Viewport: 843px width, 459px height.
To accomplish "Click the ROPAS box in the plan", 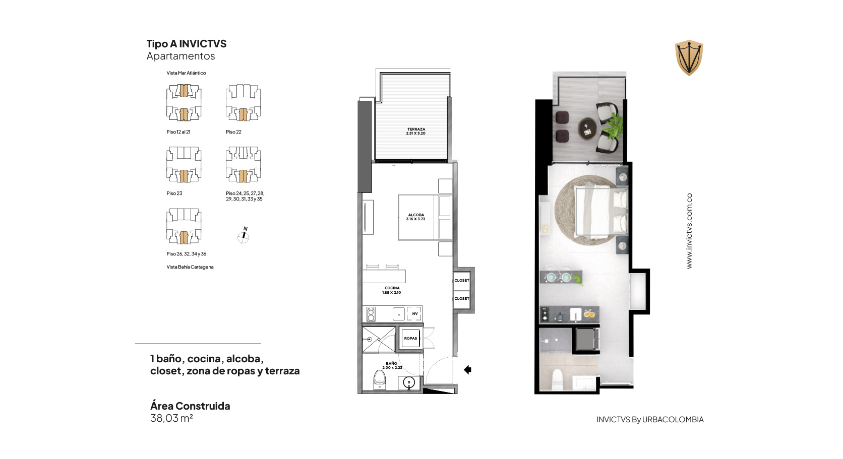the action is point(410,339).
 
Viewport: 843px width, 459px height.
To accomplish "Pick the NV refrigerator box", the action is point(414,313).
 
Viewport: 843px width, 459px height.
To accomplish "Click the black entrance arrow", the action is point(468,370).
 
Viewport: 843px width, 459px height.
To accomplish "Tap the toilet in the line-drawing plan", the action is point(380,380).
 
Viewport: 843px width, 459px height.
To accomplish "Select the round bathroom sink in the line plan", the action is point(409,383).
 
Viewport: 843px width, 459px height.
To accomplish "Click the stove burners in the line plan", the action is point(371,314).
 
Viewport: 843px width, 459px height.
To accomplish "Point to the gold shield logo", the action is point(689,57).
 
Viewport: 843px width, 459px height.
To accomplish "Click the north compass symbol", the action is point(244,235).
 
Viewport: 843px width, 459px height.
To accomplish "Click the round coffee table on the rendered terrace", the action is point(587,128).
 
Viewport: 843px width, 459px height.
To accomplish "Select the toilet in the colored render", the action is point(557,379).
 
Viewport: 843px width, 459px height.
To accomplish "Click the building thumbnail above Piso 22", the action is point(243,102).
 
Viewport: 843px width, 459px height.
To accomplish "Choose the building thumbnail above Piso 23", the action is point(184,164).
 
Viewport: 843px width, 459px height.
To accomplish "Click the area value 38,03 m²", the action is point(171,418).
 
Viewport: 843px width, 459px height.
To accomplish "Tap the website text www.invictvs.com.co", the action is point(689,231).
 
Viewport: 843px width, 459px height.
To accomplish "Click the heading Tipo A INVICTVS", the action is point(186,44).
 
